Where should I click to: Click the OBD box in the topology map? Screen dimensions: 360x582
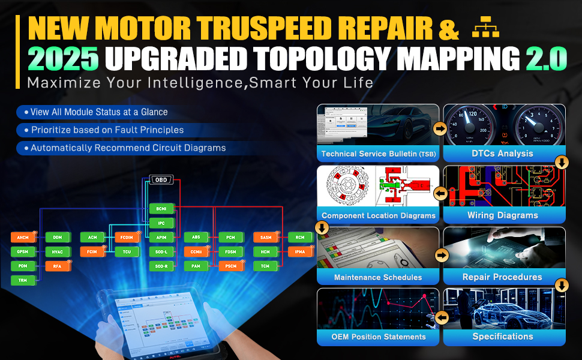click(161, 181)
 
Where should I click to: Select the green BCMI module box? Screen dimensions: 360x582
click(161, 208)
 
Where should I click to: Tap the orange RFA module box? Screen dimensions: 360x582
click(58, 266)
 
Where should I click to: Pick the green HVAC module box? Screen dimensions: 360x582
click(58, 252)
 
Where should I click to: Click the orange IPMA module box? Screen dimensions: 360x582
click(300, 252)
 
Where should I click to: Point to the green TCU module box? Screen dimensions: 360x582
click(127, 252)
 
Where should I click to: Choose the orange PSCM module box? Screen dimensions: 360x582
click(230, 266)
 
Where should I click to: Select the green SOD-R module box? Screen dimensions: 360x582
click(161, 266)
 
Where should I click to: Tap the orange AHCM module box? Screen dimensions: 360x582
click(23, 238)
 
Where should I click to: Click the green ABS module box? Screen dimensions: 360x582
click(196, 238)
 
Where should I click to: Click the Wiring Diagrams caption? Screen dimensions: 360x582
click(503, 215)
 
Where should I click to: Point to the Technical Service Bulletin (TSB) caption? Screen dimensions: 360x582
click(379, 154)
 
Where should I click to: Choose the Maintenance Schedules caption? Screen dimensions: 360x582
click(378, 277)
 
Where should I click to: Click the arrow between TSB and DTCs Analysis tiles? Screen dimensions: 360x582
click(440, 128)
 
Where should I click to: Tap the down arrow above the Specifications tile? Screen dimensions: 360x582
click(562, 285)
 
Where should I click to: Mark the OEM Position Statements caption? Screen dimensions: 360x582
click(379, 337)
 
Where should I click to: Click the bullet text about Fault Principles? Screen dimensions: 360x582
click(107, 130)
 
